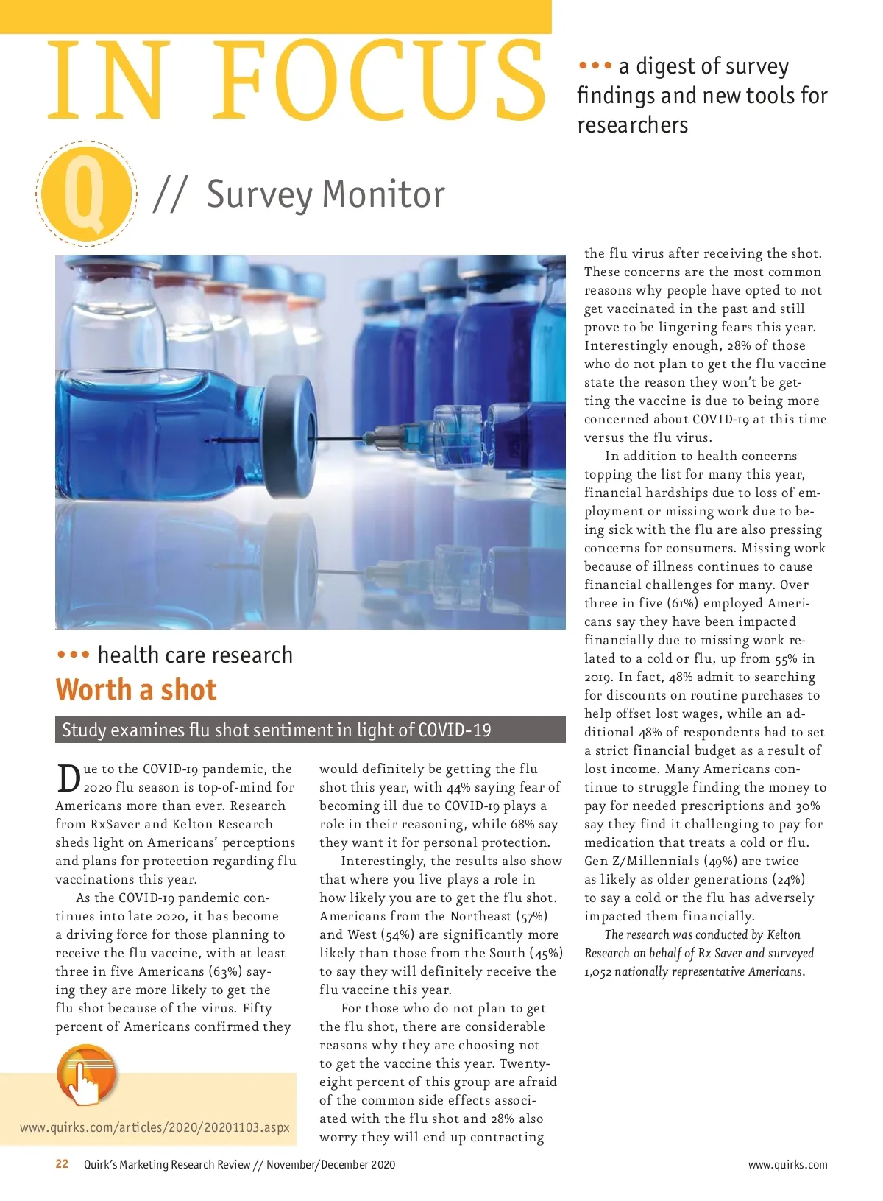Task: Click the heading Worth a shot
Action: click(x=136, y=690)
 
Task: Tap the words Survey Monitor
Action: click(x=325, y=194)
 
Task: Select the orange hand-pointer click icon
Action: click(x=87, y=1076)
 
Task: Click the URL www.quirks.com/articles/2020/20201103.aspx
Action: click(x=155, y=1127)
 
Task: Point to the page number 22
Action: click(x=63, y=1164)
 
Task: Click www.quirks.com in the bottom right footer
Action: click(x=787, y=1165)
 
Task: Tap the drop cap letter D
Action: click(x=68, y=778)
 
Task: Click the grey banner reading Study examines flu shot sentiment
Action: click(x=310, y=730)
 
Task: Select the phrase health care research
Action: click(x=195, y=655)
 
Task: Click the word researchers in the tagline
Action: click(x=632, y=125)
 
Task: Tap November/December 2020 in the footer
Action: click(x=330, y=1164)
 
